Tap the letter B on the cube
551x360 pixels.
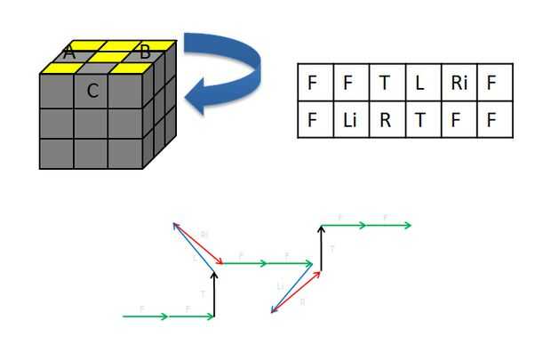click(145, 52)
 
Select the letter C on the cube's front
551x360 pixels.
click(92, 90)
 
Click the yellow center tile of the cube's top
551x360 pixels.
click(107, 57)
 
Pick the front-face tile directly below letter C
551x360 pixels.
click(91, 123)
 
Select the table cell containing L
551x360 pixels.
click(420, 83)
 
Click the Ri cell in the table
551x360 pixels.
click(457, 83)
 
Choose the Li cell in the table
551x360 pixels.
click(348, 119)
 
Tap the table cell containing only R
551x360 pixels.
click(385, 119)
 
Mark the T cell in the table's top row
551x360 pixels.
click(385, 83)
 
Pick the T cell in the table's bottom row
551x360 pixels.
click(420, 119)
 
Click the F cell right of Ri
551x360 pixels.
click(492, 83)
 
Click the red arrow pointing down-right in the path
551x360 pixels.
click(196, 244)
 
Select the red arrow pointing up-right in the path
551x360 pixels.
click(296, 288)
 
